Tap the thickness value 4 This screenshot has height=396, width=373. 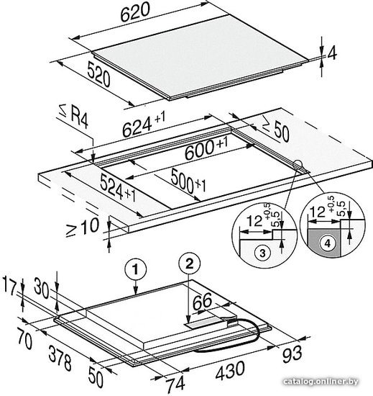332,54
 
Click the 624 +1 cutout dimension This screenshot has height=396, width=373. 144,125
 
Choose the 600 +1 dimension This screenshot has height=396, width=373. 206,149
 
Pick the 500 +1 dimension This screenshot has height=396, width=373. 188,181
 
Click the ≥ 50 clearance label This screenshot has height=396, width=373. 275,130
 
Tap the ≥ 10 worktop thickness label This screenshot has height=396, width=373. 83,228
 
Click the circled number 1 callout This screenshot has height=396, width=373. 136,270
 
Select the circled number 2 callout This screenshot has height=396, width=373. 189,264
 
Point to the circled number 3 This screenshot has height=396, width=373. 262,253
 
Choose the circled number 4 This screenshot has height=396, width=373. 328,243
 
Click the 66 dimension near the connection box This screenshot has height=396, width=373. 202,302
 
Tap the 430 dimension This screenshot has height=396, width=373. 230,370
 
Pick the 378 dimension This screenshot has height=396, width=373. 60,359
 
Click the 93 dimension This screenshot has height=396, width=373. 292,354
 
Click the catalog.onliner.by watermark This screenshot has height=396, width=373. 321,382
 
